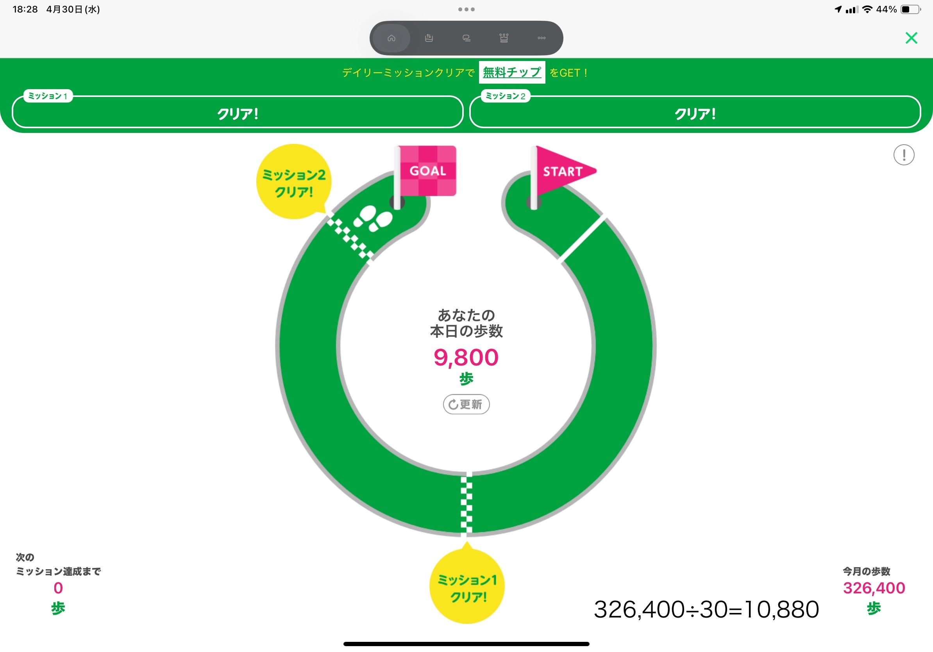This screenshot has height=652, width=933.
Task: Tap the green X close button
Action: (x=911, y=38)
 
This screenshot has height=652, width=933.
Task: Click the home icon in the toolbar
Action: (x=391, y=38)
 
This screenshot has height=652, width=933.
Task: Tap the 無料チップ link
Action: (x=511, y=72)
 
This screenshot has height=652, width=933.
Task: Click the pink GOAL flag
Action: (x=427, y=171)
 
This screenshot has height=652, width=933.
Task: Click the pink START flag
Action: (x=563, y=171)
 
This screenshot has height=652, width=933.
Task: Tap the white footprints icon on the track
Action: (x=373, y=218)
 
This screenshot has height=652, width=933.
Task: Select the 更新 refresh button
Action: (x=466, y=404)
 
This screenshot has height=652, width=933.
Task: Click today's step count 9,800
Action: (x=466, y=357)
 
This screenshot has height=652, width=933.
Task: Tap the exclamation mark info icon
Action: (x=903, y=155)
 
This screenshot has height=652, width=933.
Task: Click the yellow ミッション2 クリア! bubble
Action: (x=293, y=182)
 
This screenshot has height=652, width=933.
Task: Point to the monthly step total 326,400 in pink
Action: (x=874, y=588)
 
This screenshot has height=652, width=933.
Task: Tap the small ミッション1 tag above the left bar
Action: (x=48, y=96)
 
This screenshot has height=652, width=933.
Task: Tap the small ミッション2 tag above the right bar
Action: (x=505, y=96)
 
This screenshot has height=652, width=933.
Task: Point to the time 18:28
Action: (x=25, y=9)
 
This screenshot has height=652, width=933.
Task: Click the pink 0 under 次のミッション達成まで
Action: (x=58, y=588)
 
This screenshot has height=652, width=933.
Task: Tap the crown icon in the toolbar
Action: (x=504, y=38)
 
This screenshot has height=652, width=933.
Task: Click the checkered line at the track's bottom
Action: (x=466, y=504)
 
